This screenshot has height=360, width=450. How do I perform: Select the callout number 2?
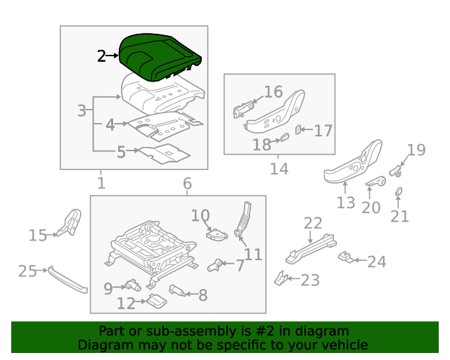point(102,56)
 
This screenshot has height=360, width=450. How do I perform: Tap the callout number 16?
point(273,92)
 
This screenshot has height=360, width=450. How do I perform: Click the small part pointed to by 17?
point(298,130)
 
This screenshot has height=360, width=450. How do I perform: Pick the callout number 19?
point(416,149)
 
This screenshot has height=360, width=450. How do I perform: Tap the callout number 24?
point(377,262)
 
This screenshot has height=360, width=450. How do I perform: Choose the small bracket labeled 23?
point(281,279)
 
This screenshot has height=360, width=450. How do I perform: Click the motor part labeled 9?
point(131,285)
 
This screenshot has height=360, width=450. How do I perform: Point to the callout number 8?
point(202,295)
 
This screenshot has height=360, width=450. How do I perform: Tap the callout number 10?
point(200,215)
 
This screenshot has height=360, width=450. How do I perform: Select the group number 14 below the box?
point(278,169)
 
